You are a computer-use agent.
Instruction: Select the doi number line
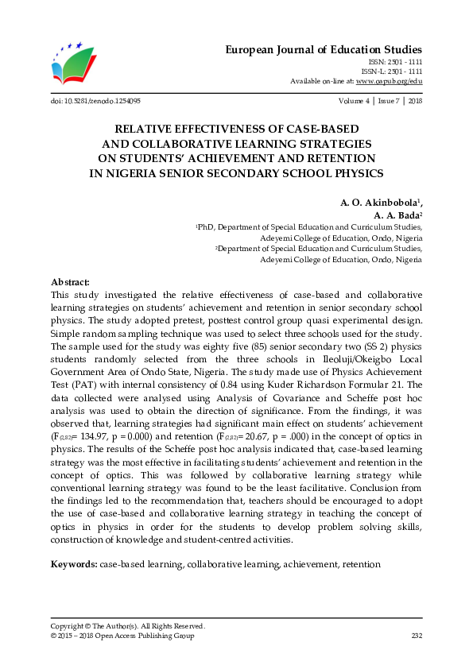pos(95,102)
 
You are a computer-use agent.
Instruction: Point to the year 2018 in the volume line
pos(414,102)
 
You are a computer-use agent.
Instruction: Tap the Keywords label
pos(74,563)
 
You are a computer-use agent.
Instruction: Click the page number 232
pos(416,635)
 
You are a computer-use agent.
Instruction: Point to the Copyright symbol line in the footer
pos(128,625)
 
